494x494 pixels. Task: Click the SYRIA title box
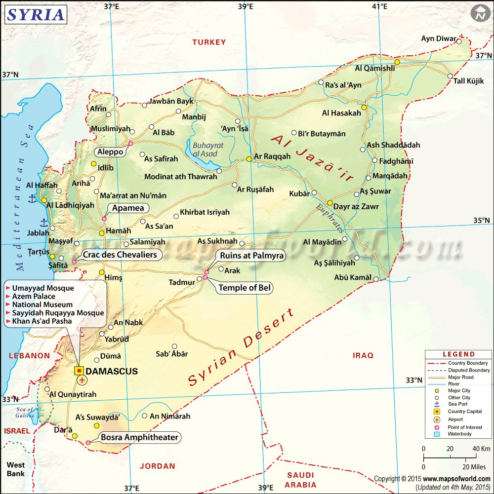coord(36,14)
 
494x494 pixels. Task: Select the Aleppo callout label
coord(110,152)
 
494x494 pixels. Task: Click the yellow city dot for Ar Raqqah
coord(249,159)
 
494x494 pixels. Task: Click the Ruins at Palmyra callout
coord(251,255)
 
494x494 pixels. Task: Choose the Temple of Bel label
coord(245,288)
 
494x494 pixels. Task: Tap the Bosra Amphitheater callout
coord(140,437)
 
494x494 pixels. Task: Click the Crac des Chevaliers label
coord(120,255)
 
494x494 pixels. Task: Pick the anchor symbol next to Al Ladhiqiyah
coord(32,198)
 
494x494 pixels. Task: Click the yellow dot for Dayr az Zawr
coord(330,202)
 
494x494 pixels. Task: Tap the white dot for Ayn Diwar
coord(459,41)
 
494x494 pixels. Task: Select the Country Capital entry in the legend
coord(463,411)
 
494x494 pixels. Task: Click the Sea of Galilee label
coord(24,412)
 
